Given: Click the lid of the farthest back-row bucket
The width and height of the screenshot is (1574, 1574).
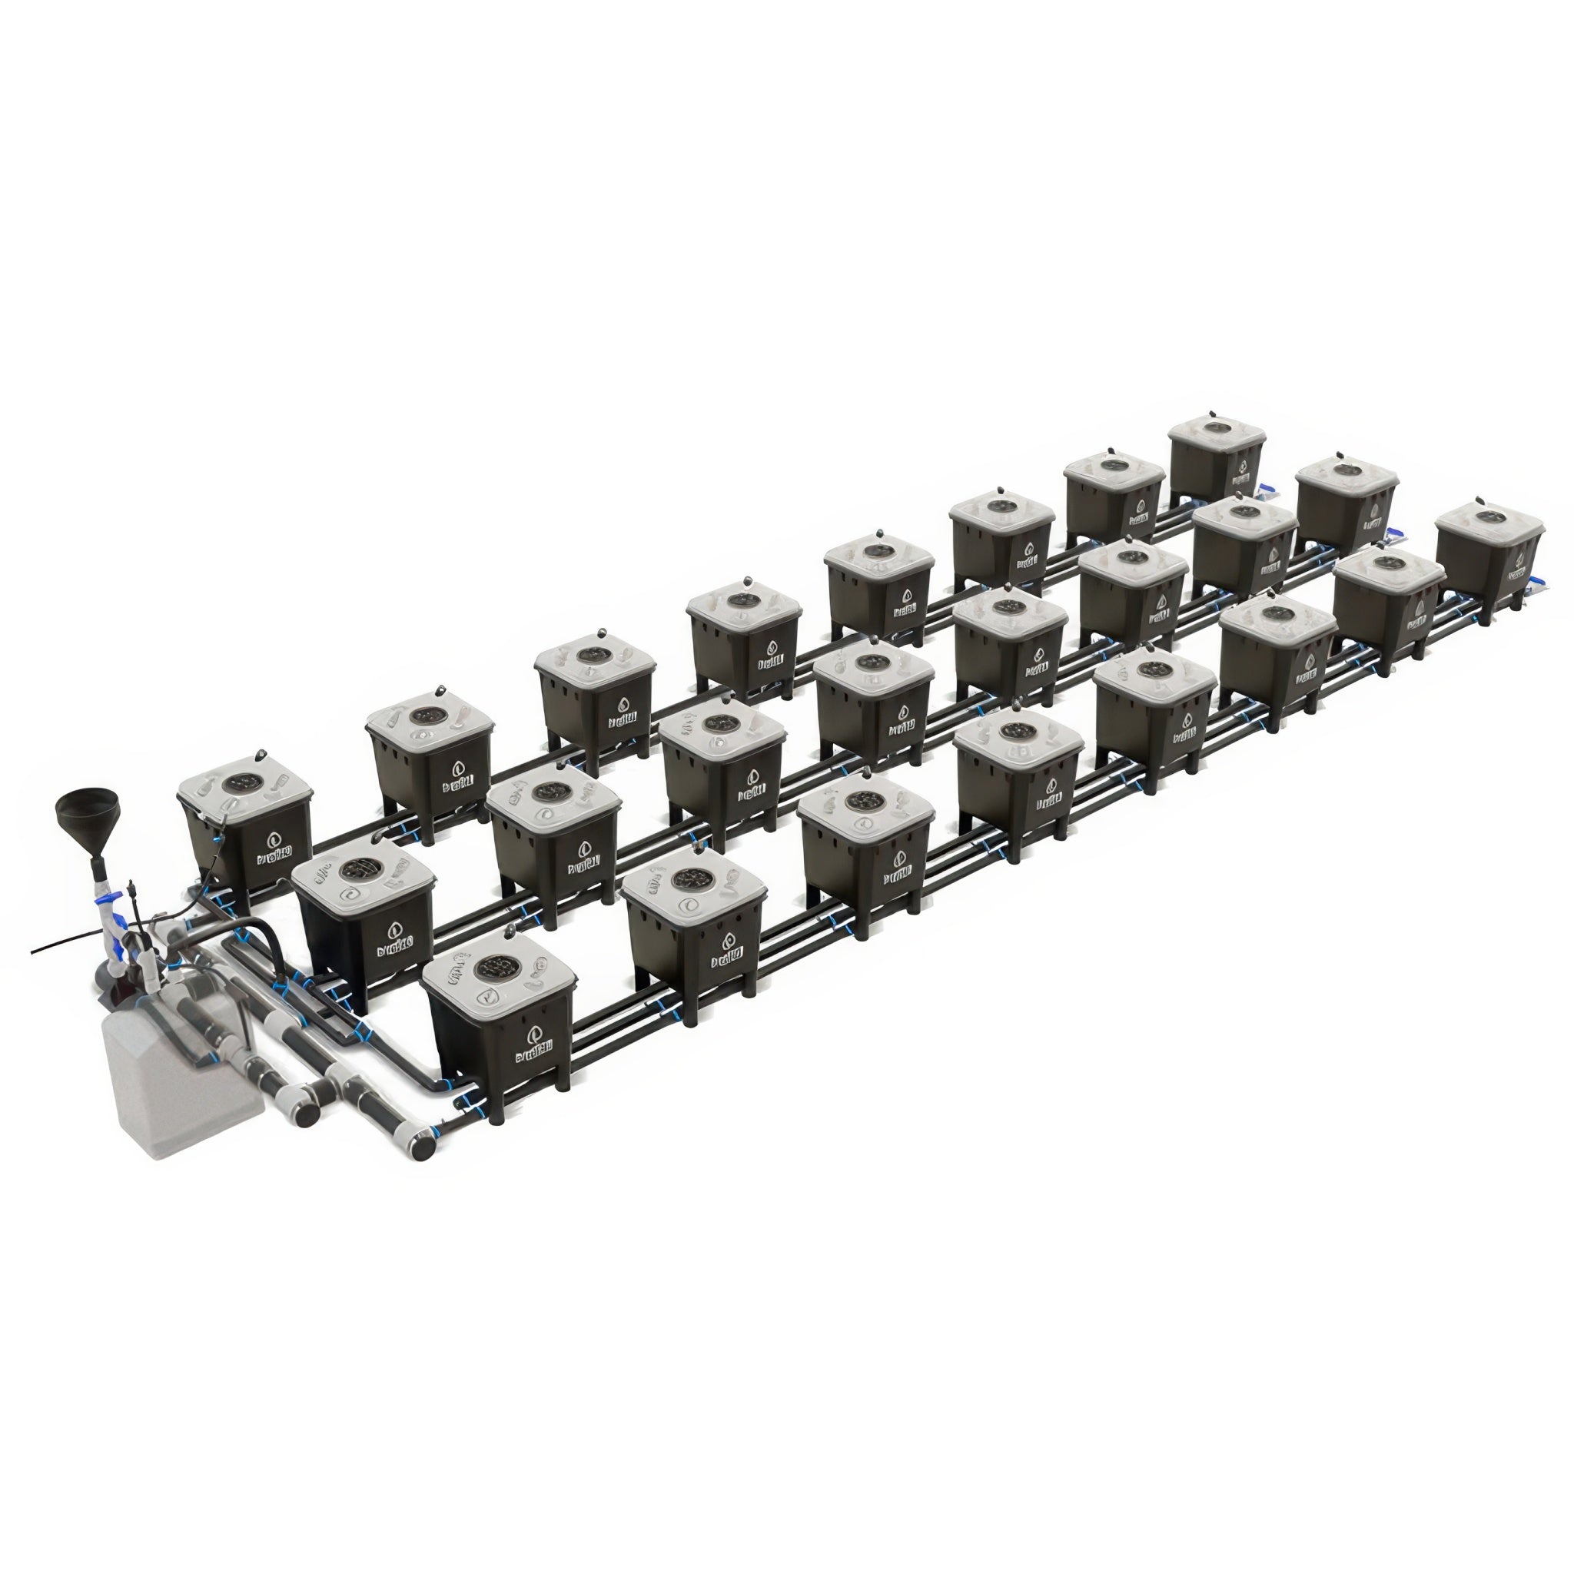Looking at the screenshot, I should coord(1216,433).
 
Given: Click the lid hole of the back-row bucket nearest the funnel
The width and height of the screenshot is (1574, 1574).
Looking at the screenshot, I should coord(243,783).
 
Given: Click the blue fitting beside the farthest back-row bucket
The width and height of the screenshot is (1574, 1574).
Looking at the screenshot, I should coord(1266,490).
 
